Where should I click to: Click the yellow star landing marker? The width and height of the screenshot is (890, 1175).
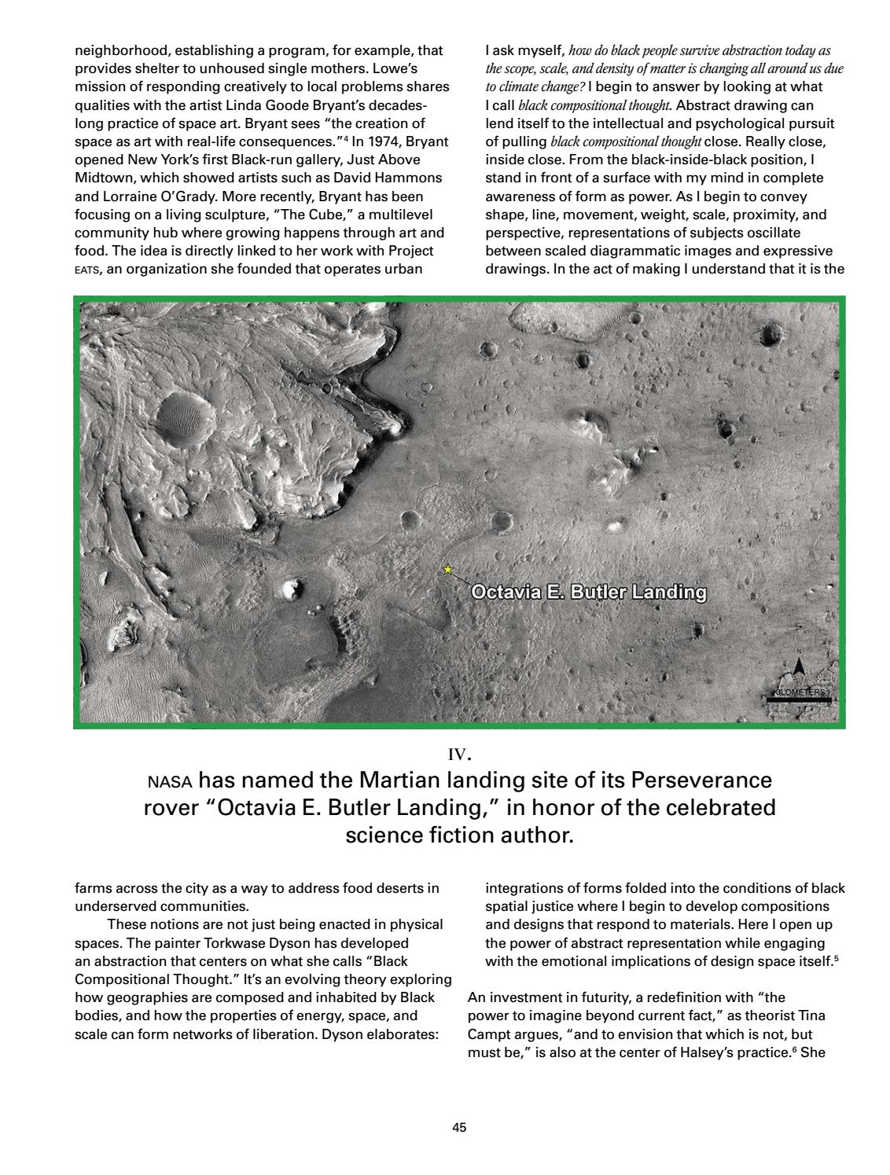(447, 569)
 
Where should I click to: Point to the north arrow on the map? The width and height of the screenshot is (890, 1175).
(799, 667)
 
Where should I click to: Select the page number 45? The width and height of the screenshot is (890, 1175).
(460, 1128)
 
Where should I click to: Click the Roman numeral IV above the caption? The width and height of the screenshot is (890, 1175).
(458, 755)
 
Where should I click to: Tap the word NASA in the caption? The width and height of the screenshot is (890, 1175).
(169, 782)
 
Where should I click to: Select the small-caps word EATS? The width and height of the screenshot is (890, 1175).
(86, 270)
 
